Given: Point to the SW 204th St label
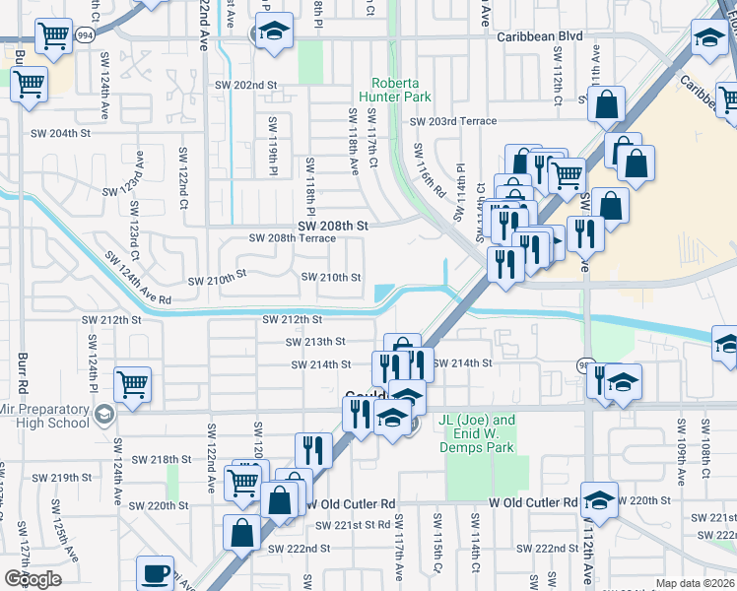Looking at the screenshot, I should [61, 133].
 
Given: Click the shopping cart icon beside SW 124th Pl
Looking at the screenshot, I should [132, 384].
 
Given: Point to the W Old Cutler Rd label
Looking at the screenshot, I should [533, 503].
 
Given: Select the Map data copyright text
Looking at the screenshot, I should [696, 583].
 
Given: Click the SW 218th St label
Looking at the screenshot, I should [162, 459].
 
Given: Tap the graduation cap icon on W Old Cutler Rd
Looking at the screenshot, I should [598, 499].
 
